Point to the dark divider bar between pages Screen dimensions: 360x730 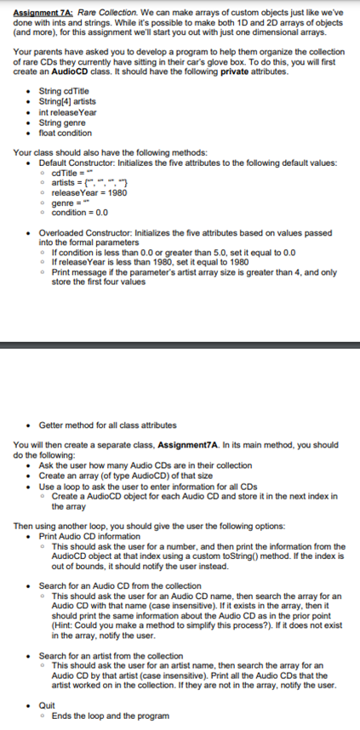click(180, 345)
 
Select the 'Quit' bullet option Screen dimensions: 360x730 click(48, 704)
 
